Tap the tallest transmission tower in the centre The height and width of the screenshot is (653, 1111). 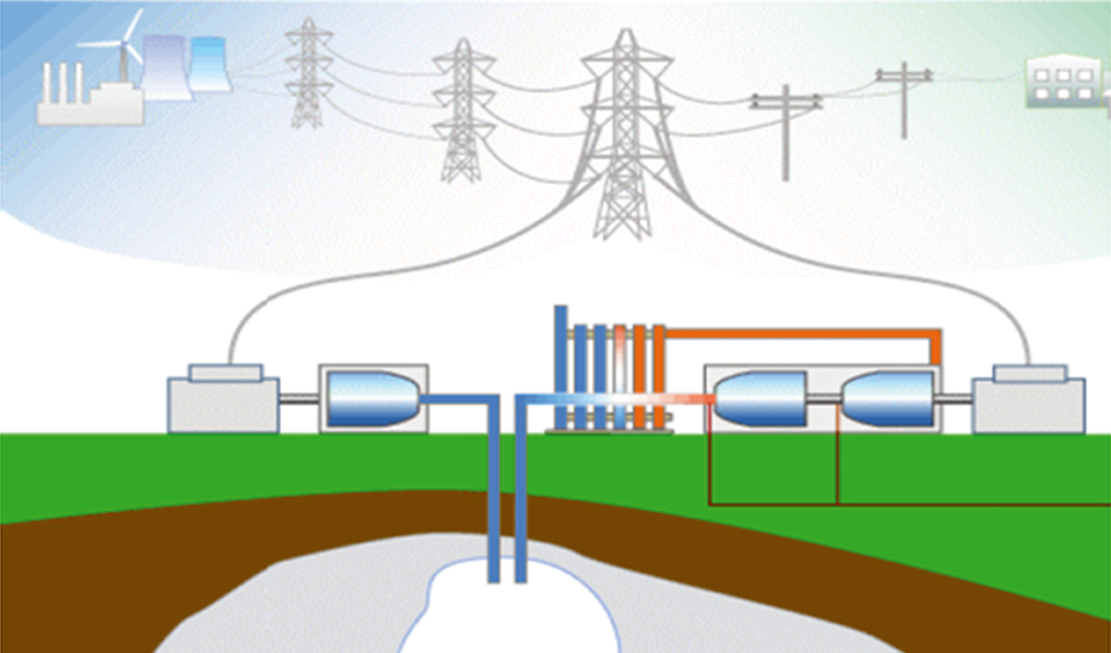(x=625, y=135)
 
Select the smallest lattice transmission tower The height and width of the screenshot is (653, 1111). (x=308, y=74)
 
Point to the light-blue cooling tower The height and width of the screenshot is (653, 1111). (x=210, y=64)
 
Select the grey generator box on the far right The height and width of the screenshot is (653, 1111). (x=1029, y=403)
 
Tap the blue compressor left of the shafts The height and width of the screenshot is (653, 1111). (x=372, y=398)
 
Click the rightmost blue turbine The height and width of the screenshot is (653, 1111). (x=889, y=398)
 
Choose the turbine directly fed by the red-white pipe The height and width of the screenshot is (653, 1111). (x=761, y=398)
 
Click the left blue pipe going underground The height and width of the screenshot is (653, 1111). (x=493, y=492)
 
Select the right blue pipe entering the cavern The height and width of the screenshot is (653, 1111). (x=520, y=492)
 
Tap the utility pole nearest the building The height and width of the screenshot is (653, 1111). (x=904, y=98)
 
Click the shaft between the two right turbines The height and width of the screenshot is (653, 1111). (x=823, y=398)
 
